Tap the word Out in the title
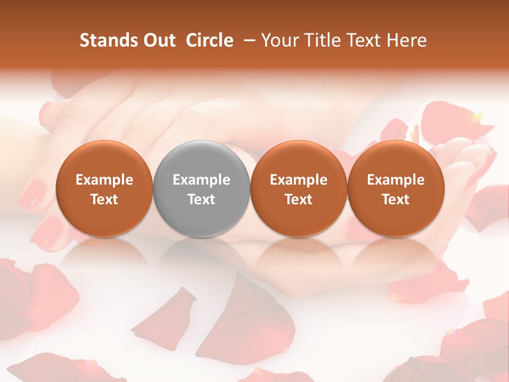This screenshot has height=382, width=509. pos(158,40)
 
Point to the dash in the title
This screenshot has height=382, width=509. pos(250,40)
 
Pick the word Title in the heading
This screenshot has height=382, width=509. pos(322,40)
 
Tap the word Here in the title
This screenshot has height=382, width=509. pos(407,40)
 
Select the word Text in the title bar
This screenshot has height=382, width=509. pos(364,40)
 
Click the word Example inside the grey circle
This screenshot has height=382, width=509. pos(201,180)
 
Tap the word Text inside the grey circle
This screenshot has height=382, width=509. pos(201,199)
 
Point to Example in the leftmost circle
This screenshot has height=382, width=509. pos(104,180)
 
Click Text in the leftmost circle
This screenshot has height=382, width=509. pos(104,199)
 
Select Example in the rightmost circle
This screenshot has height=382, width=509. pos(396,180)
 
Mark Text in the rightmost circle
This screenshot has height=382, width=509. pos(396,199)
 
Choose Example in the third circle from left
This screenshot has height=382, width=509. pos(299,180)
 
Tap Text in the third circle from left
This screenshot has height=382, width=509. pos(299,199)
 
